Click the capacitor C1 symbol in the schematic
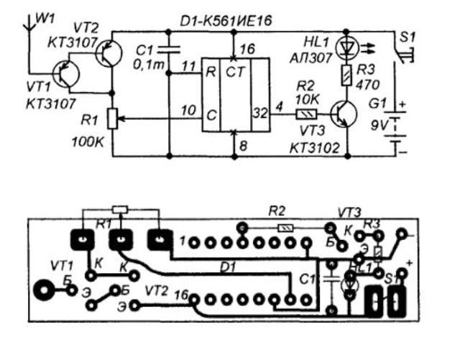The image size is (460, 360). (x=168, y=52)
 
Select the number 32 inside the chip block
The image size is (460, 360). (x=259, y=111)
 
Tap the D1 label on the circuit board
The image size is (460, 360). (x=227, y=267)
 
